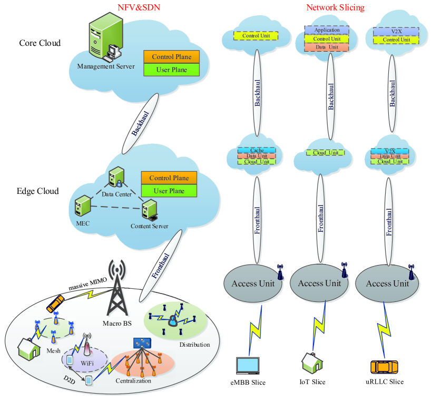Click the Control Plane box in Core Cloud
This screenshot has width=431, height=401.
(x=171, y=56)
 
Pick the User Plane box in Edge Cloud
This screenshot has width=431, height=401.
(x=168, y=191)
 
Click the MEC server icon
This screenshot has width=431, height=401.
(x=82, y=206)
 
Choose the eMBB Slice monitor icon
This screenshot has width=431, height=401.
(x=248, y=366)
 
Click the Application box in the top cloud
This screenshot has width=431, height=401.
(x=327, y=30)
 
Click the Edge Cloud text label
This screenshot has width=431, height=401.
(x=39, y=191)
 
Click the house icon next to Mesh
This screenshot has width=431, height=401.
(x=30, y=348)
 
